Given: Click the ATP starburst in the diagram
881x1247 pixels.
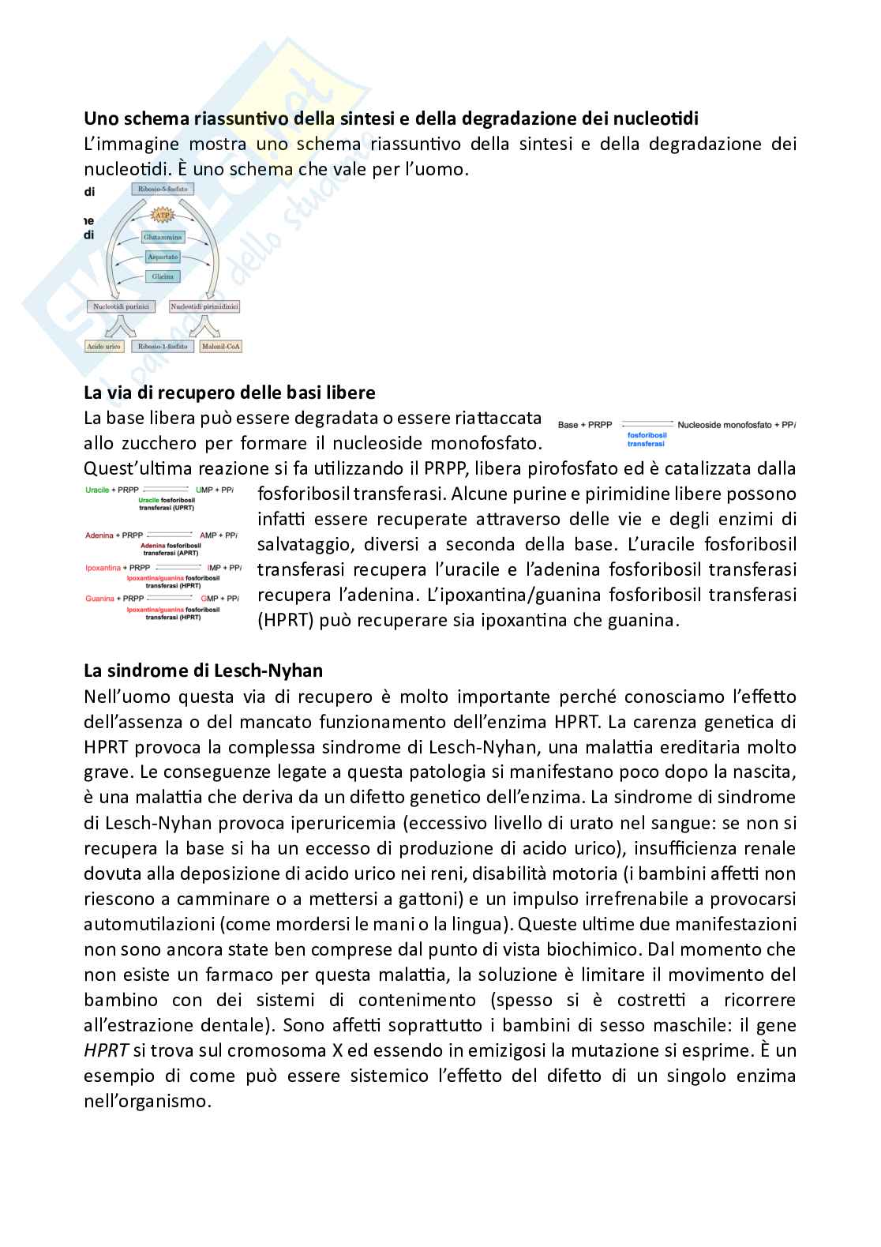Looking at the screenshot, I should point(162,215).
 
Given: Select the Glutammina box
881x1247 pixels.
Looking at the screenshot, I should point(163,237).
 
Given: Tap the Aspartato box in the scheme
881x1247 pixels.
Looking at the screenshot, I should point(163,257).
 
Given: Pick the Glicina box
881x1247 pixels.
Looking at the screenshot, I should point(163,276).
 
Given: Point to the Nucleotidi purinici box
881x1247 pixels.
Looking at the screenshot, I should point(120,306).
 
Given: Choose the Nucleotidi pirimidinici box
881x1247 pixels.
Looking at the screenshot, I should point(204,306).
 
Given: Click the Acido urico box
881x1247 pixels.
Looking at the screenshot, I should point(104,346).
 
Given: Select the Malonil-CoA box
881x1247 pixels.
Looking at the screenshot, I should point(220,346).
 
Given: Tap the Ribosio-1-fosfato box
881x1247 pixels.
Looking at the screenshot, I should point(163,346).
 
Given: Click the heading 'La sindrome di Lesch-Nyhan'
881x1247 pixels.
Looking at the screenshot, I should point(203,670).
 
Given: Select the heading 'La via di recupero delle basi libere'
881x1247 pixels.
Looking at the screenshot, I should point(229,393).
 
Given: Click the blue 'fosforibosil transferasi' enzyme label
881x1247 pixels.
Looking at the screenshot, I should point(647,439).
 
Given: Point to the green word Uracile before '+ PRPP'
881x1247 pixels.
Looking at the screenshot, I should point(98,490).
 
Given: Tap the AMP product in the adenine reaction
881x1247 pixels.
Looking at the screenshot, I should point(208,535).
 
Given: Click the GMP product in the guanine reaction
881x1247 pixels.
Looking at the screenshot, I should point(209,599).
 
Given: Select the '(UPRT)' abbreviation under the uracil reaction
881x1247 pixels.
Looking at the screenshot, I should point(183,508).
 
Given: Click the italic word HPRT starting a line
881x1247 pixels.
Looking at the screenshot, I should point(106,1050).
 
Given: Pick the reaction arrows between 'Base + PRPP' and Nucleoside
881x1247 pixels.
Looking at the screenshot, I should point(646,425).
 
